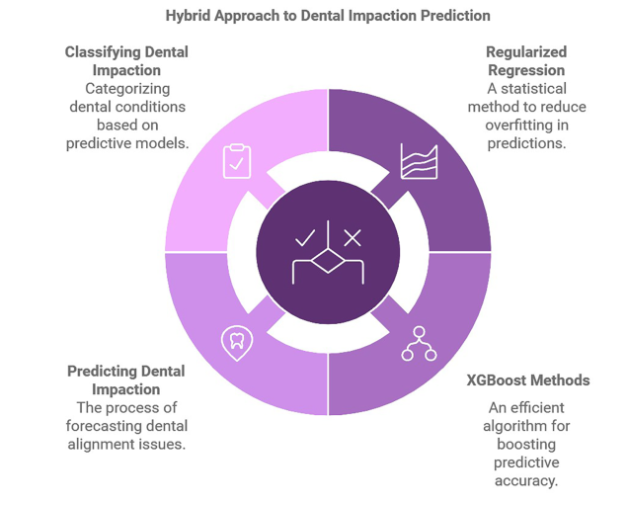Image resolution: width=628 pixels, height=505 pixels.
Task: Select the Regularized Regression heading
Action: pos(526,61)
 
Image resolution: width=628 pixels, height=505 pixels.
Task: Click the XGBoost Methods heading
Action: pos(528,379)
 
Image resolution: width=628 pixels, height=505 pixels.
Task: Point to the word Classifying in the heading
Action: pos(103,52)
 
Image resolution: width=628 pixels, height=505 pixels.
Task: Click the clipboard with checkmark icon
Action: pos(237,161)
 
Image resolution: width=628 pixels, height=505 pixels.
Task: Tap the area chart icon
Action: pos(419,161)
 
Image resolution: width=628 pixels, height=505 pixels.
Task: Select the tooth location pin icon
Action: pos(237,344)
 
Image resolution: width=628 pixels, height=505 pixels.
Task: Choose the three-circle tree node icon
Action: pos(419,344)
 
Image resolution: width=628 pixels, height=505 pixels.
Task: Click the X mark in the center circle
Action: pos(353,237)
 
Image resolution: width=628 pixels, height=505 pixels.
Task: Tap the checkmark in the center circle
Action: pos(305,237)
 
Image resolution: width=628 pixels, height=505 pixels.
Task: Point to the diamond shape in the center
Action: pos(328,261)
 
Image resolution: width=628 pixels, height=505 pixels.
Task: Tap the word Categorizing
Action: pos(127,89)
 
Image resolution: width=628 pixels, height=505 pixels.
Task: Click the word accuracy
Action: pos(526,480)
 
